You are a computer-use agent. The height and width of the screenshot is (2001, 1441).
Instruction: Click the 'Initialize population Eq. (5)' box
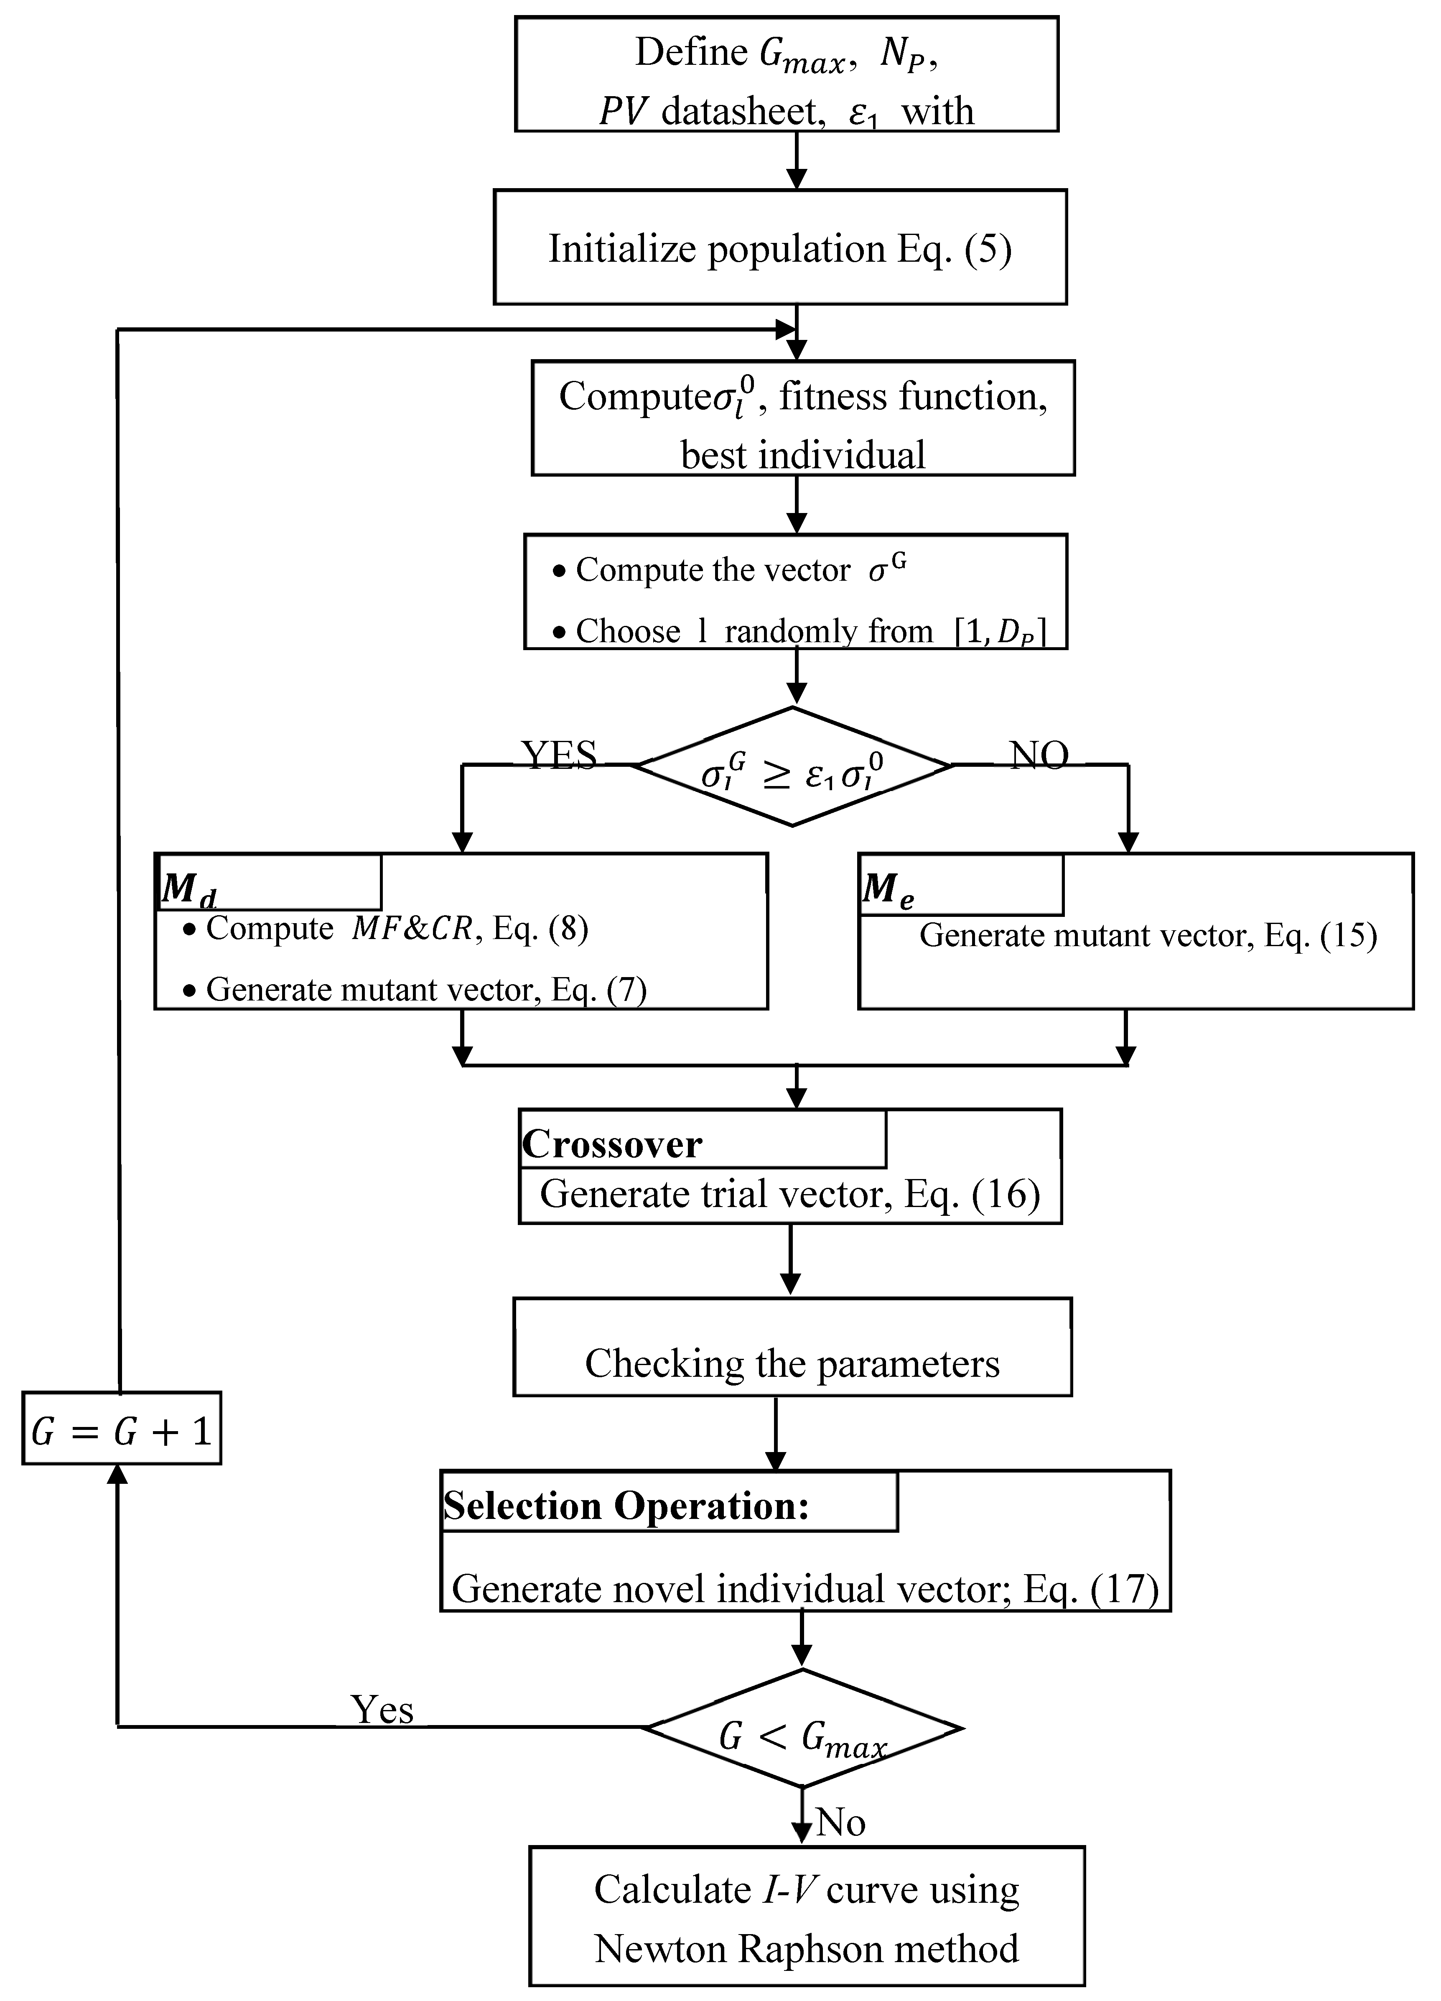(779, 248)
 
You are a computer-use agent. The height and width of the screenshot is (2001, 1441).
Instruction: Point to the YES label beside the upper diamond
(559, 754)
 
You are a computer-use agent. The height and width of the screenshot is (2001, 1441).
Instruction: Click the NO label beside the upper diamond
(1039, 754)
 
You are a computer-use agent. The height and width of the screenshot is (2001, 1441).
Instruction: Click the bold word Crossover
(612, 1144)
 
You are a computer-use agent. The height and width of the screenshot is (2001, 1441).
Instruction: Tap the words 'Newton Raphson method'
(806, 1948)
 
